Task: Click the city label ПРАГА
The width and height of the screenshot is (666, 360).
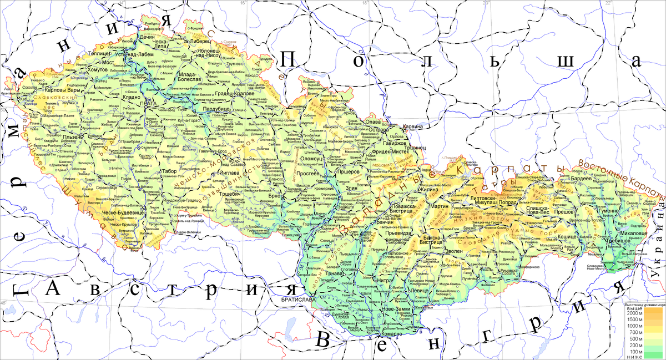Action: [x=149, y=104]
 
